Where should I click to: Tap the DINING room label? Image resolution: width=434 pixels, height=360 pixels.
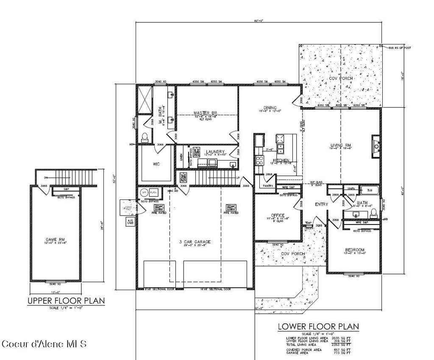pos(270,108)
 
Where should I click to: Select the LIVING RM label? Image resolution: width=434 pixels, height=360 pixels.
pos(341,146)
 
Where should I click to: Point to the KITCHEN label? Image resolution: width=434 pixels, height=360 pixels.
pos(281,160)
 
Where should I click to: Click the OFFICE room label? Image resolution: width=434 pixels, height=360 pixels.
pos(278,215)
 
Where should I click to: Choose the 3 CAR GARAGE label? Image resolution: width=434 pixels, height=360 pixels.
pos(195,242)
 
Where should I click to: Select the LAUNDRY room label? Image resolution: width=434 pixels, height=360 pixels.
pos(215,152)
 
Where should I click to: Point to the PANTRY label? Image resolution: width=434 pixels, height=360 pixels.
pos(267,186)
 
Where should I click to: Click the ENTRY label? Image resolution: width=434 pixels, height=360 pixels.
pos(321,205)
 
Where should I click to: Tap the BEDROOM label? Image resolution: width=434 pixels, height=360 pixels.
pos(354,250)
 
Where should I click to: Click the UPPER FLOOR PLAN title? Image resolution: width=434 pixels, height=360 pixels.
pos(66,301)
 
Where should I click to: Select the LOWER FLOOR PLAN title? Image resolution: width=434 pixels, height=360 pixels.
pos(318,327)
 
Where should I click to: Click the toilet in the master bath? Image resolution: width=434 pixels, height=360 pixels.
pos(144,137)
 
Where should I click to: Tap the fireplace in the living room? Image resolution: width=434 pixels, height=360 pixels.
pos(375,147)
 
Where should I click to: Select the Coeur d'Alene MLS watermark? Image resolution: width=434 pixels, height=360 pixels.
pos(44,343)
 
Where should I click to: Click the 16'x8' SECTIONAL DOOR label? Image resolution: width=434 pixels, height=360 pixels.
pos(215,289)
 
